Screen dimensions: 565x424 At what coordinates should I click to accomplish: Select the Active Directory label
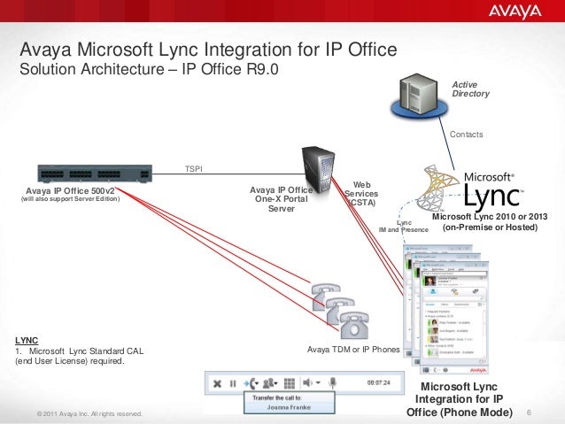470,89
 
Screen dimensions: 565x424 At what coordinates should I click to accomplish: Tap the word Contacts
467,135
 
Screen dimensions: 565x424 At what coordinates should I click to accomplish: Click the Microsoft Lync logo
479,188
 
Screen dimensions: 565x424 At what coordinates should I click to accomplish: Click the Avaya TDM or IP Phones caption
353,350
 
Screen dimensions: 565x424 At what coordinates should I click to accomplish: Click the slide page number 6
529,412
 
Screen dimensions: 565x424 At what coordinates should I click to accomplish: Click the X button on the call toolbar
215,383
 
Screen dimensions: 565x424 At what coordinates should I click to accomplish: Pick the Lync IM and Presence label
404,226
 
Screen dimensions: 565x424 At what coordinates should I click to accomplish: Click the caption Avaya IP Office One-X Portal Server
281,198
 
